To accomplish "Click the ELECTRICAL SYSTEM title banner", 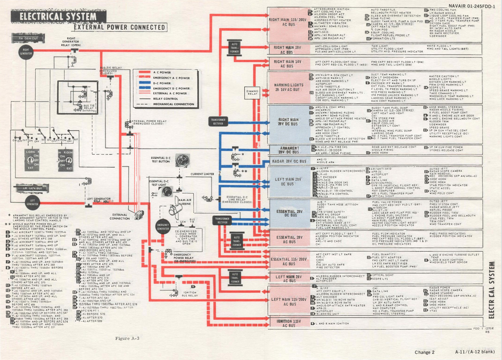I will coord(55,18).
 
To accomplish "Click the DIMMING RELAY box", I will coord(252,93).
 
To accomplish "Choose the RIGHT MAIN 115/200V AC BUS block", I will coord(288,22).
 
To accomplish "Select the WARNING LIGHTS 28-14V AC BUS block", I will coord(288,87).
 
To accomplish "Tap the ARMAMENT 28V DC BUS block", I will coord(288,150).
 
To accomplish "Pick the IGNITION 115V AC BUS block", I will coord(287,323).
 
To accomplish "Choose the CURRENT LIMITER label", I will coord(202,174).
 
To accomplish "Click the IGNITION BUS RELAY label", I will coord(190,294).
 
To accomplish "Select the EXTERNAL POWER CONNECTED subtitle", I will coord(120,28).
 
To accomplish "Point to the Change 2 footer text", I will coord(425,352).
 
